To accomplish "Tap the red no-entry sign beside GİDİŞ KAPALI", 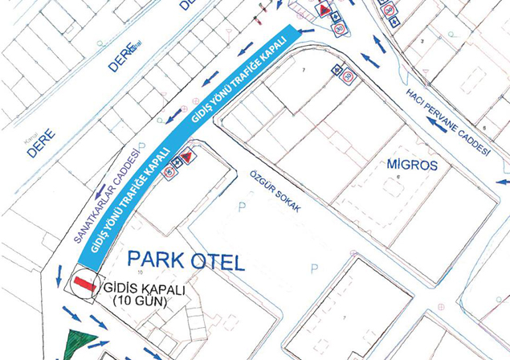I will tap(84, 283).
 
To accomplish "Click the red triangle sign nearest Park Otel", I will tap(186, 157).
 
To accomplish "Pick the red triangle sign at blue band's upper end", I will tap(324, 10).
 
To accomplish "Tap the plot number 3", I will tap(421, 40).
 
